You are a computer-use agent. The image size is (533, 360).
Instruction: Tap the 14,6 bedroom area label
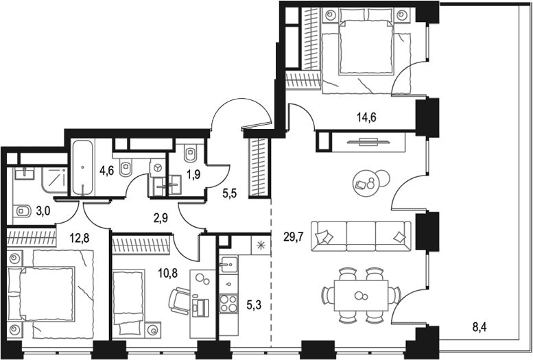point(366,117)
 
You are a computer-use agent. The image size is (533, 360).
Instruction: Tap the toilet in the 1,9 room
point(191,152)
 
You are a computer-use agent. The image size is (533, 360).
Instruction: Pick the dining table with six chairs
point(359,295)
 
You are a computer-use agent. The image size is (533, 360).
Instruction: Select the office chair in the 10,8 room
point(180,300)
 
